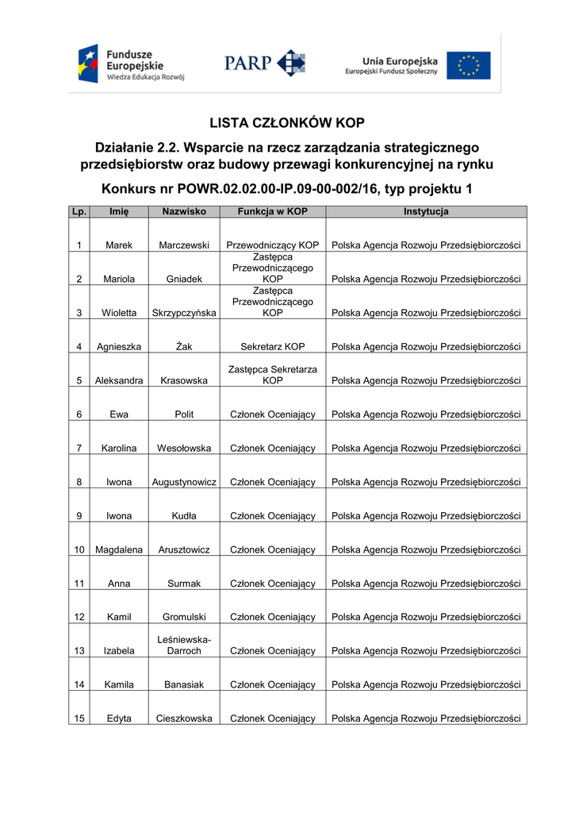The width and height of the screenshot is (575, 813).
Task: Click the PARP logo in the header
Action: [x=264, y=64]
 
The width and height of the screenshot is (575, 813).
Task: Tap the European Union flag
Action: [x=468, y=66]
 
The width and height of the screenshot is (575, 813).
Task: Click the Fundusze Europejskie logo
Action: [x=131, y=64]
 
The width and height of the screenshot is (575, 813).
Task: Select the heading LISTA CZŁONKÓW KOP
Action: [x=287, y=123]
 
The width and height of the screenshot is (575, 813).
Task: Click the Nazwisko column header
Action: [x=184, y=212]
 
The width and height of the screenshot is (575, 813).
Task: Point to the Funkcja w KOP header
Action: [x=273, y=212]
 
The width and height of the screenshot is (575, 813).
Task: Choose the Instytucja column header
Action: [x=426, y=212]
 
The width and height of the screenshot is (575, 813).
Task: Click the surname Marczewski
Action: [x=184, y=245]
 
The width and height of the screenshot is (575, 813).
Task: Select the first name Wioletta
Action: [x=119, y=313]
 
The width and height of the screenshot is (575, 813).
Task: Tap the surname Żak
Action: [x=184, y=347]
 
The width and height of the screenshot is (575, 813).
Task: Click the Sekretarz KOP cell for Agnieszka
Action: [x=273, y=347]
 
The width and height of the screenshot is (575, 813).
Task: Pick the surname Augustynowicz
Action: [x=184, y=482]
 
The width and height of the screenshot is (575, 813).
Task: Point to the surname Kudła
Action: [x=184, y=516]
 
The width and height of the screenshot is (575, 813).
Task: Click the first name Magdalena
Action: [x=119, y=549]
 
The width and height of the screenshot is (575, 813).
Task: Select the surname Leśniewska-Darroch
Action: [x=184, y=645]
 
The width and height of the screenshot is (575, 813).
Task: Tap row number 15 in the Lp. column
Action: [x=79, y=719]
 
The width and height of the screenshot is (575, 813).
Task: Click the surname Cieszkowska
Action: [x=184, y=719]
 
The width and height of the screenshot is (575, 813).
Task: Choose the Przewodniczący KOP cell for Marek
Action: [x=273, y=245]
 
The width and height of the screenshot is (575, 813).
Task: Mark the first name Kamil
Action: [x=119, y=617]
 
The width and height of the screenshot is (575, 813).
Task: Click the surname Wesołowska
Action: [x=184, y=449]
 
